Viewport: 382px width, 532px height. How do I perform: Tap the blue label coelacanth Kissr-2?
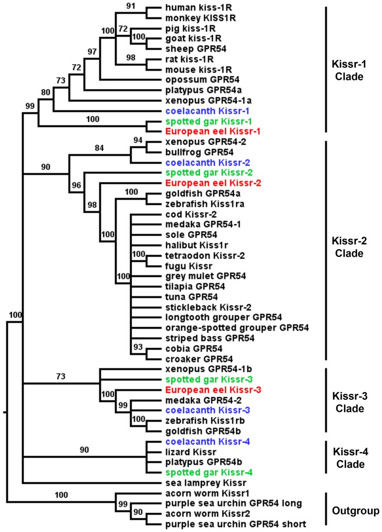point(199,163)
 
